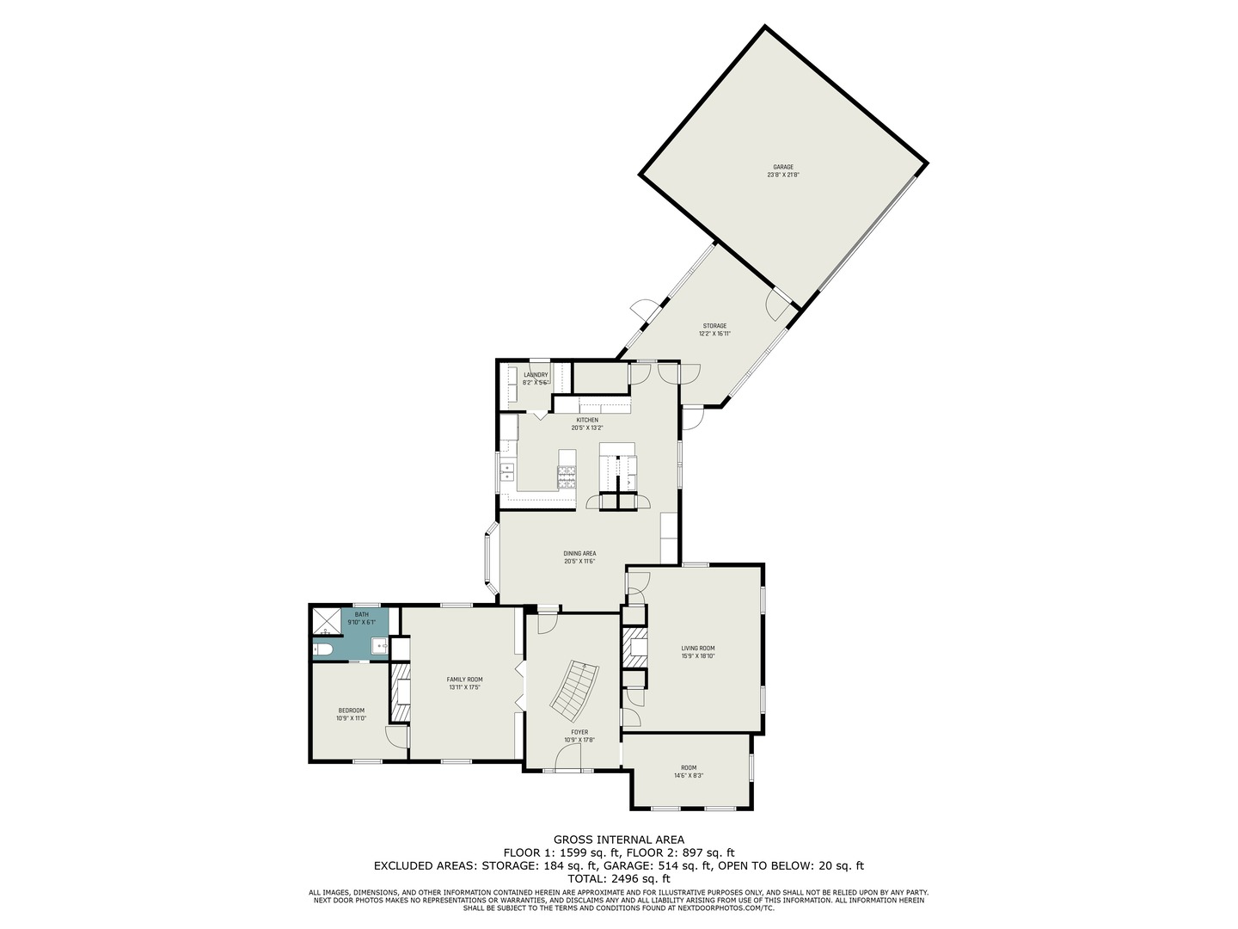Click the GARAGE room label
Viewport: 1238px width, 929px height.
pos(782,167)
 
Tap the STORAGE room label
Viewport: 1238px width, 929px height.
pos(714,326)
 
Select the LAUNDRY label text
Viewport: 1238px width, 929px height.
pos(536,375)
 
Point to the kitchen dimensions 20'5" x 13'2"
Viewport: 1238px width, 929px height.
pos(588,428)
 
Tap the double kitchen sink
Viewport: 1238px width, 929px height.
pos(506,471)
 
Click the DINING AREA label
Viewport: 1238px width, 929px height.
pos(579,553)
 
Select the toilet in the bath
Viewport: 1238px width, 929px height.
pos(322,649)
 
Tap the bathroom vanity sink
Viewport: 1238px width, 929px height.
pos(378,645)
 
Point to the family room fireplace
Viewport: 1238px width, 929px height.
pos(400,692)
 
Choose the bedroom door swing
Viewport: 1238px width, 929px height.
pos(395,736)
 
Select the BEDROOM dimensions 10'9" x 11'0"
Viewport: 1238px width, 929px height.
pos(351,718)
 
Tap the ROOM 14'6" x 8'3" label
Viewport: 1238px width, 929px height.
pos(689,772)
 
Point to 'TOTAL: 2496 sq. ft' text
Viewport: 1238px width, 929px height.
pos(618,879)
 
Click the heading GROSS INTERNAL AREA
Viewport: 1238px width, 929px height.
pos(618,840)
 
